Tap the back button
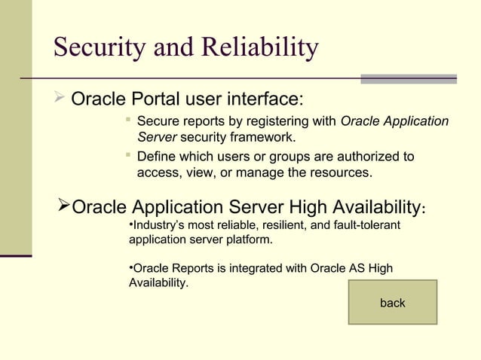392,303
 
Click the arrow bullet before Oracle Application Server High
64,206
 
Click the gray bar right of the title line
409,78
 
